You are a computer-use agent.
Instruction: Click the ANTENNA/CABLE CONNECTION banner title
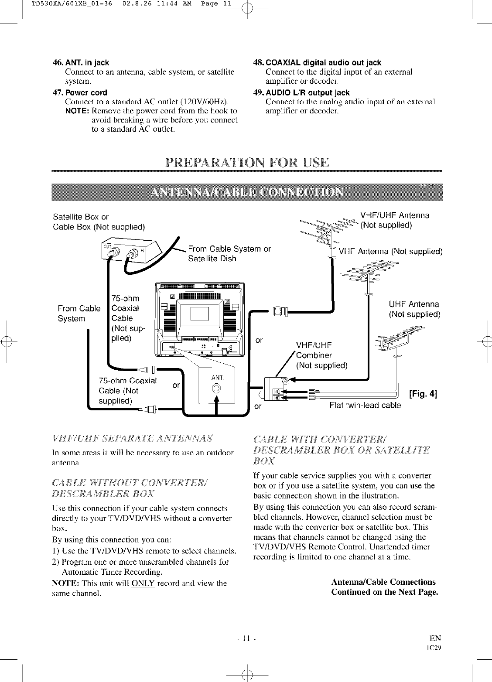point(246,192)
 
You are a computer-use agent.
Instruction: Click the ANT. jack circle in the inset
point(216,389)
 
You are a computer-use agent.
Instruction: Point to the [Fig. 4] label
point(422,395)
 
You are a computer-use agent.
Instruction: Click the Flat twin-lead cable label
point(365,406)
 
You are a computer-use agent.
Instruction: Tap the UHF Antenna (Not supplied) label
point(414,309)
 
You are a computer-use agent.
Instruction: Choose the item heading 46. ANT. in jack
point(81,62)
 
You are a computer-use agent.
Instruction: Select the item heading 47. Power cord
point(79,92)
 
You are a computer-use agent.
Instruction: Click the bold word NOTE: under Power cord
point(77,111)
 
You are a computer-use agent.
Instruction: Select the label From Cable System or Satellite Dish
point(229,254)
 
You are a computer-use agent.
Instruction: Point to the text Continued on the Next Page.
point(384,592)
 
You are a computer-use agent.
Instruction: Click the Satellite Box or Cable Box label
point(98,222)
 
